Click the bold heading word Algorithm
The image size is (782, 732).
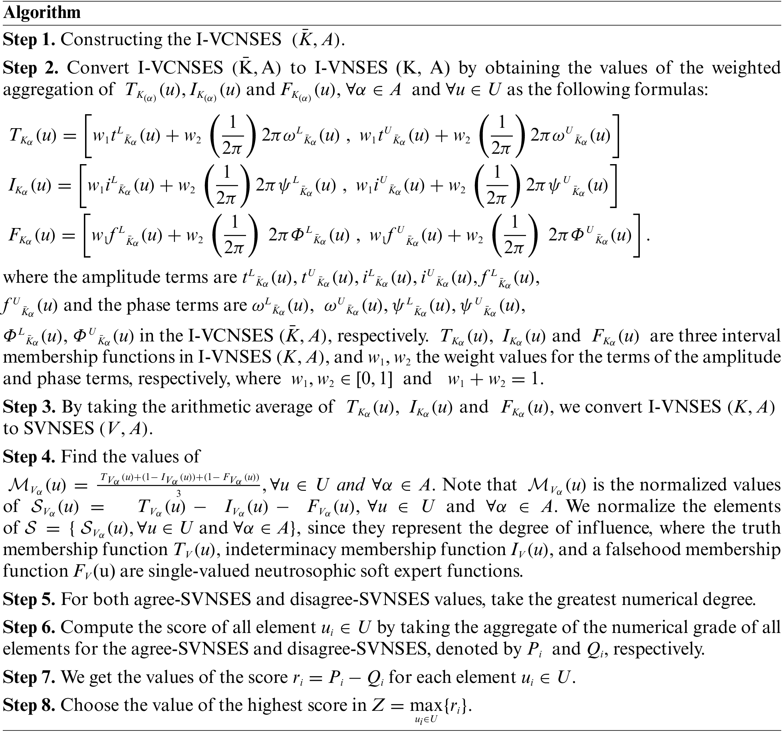coord(42,13)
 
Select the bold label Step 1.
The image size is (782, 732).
coord(29,40)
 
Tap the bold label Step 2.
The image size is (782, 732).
coord(30,68)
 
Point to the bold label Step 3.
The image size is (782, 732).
coord(29,407)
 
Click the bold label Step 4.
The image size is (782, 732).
coord(29,456)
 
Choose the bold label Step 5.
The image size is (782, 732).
coord(29,599)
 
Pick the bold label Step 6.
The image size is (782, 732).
coord(29,627)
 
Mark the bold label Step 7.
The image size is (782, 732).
coord(29,677)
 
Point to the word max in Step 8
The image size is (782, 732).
coord(423,706)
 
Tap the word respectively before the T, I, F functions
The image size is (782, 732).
coord(383,336)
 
